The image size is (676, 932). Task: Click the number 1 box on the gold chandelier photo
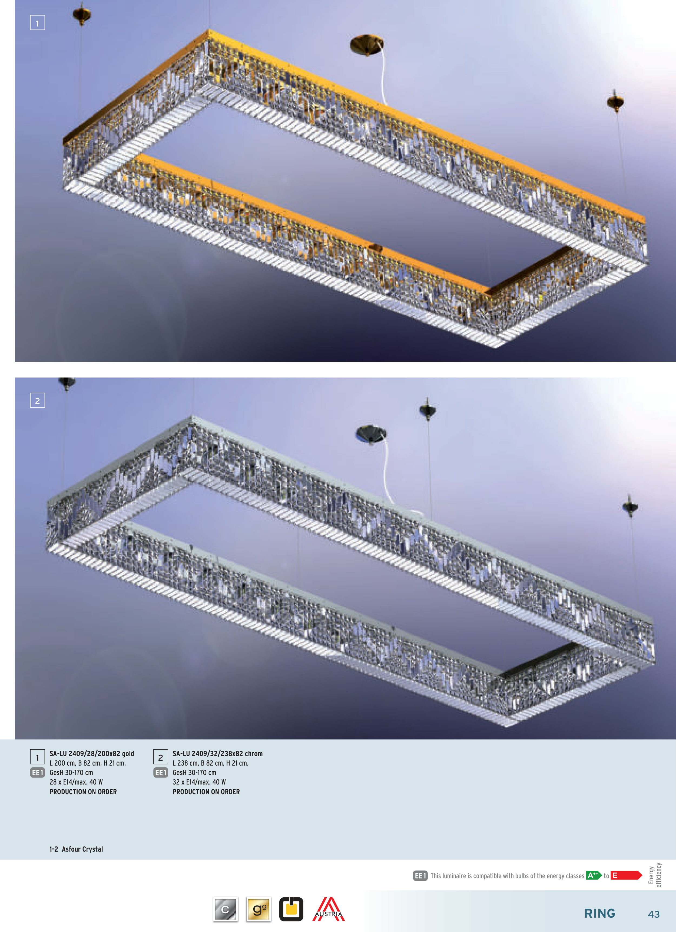point(37,23)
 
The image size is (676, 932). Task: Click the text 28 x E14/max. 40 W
point(76,782)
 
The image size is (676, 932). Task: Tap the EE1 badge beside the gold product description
point(37,773)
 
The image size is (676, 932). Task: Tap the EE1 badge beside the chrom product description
point(161,773)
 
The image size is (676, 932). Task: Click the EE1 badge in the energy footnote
point(420,876)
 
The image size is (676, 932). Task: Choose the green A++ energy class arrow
point(594,875)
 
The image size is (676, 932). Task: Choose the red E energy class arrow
point(626,875)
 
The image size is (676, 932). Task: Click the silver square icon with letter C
point(226,909)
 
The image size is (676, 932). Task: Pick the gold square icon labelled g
point(258,909)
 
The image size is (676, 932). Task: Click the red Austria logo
point(329,909)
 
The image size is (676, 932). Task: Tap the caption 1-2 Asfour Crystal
point(77,849)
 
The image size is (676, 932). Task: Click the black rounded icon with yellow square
point(291,909)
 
